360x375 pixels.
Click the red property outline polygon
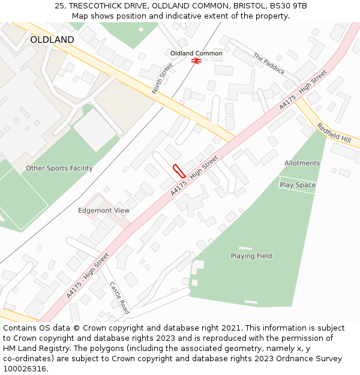coord(178,170)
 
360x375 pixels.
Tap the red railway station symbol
coord(196,61)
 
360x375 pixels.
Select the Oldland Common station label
coord(196,53)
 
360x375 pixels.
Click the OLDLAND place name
coord(52,40)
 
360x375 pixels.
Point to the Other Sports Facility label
coord(59,169)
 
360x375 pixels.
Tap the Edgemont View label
coord(104,211)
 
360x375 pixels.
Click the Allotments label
coord(302,163)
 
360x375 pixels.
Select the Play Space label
coord(298,185)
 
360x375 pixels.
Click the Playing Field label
coord(251,256)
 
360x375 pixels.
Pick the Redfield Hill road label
coord(334,133)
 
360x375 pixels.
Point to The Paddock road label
coord(269,64)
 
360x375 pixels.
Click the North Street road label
coord(162,78)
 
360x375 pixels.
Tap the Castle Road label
coord(119,298)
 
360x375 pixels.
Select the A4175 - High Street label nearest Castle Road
coord(88,274)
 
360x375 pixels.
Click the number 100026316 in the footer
coord(25,368)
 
